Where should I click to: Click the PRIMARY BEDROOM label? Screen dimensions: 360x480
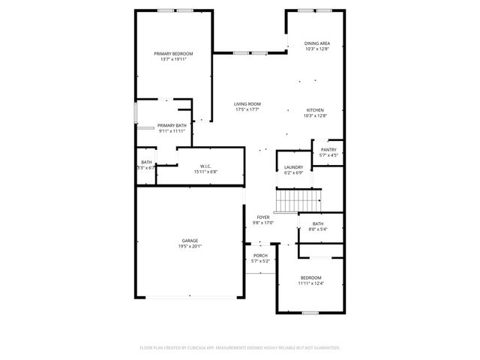(x=173, y=53)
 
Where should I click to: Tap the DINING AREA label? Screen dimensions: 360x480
(x=317, y=43)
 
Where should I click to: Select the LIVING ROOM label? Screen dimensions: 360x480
(x=247, y=104)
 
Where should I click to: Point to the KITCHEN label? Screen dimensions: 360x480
(x=315, y=109)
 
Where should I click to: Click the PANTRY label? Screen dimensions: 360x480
(x=328, y=149)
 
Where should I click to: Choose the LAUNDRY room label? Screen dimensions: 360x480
(x=293, y=167)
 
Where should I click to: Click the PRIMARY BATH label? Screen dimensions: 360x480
(x=172, y=125)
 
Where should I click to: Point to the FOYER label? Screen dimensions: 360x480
(x=263, y=217)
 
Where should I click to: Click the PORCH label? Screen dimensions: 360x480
(x=260, y=256)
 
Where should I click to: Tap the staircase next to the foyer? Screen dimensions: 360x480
(x=298, y=201)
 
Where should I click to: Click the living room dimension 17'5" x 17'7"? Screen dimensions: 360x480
(x=247, y=110)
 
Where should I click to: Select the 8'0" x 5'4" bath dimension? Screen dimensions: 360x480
(x=318, y=229)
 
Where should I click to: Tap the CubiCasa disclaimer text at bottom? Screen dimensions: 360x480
(x=240, y=348)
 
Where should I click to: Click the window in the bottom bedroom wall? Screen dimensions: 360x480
(x=309, y=313)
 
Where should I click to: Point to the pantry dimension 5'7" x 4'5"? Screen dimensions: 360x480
(x=328, y=155)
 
